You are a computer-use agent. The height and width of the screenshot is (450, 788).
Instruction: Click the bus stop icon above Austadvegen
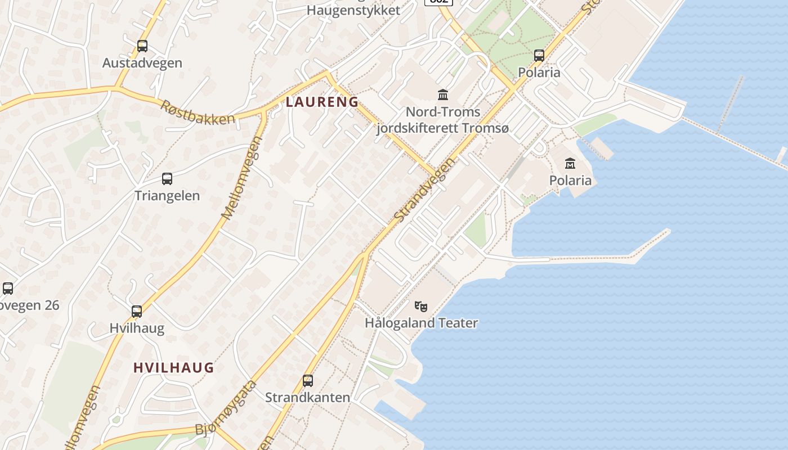[142, 46]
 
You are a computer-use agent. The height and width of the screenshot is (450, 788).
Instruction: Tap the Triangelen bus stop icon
[167, 179]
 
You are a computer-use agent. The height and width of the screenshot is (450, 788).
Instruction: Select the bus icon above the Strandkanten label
[308, 380]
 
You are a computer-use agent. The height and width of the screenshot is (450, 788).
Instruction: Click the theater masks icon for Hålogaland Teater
[421, 307]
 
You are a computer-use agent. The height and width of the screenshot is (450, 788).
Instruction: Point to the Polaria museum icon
[570, 163]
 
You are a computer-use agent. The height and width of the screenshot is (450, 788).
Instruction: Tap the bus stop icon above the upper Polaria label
[539, 55]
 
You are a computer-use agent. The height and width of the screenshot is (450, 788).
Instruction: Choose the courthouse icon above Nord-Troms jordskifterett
[443, 94]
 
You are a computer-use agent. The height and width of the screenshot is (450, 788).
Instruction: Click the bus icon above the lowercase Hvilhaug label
[137, 312]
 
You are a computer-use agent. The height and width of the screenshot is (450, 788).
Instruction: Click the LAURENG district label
[322, 102]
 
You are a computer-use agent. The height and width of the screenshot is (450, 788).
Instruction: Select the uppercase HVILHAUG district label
[173, 368]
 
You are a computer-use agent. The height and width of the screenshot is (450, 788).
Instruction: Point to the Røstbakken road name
[198, 112]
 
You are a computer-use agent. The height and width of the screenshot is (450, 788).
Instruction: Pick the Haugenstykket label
[353, 10]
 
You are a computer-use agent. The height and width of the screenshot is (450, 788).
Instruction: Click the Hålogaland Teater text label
[422, 323]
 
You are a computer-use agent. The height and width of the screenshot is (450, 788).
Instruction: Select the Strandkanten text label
[307, 397]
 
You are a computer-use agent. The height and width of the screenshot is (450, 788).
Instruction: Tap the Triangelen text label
[167, 196]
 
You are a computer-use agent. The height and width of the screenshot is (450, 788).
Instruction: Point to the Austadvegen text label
[142, 63]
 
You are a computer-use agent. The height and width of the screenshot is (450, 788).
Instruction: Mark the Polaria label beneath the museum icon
[570, 180]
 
